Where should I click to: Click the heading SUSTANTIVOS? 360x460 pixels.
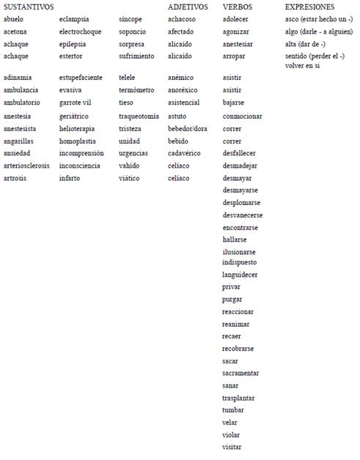point(29,7)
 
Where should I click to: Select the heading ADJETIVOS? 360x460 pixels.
point(188,7)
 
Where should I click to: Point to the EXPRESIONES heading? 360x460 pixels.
point(309,7)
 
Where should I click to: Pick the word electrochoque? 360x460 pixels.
point(81,31)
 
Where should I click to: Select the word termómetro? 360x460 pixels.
point(136,90)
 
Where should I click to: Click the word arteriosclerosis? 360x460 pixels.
point(26,166)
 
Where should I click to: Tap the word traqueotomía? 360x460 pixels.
point(139,116)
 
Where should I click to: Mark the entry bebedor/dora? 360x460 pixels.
point(188,128)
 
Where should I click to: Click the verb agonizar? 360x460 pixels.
point(237,31)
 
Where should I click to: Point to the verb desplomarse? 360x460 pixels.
point(242,202)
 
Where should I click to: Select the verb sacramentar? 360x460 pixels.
point(240,373)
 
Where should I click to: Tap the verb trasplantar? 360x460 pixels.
point(239,398)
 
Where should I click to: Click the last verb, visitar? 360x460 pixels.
point(232,447)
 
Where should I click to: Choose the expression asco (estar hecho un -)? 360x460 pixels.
point(319,19)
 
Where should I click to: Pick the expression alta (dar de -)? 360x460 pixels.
point(305,44)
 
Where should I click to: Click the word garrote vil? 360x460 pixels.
point(76,103)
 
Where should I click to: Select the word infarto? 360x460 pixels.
point(70,178)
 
